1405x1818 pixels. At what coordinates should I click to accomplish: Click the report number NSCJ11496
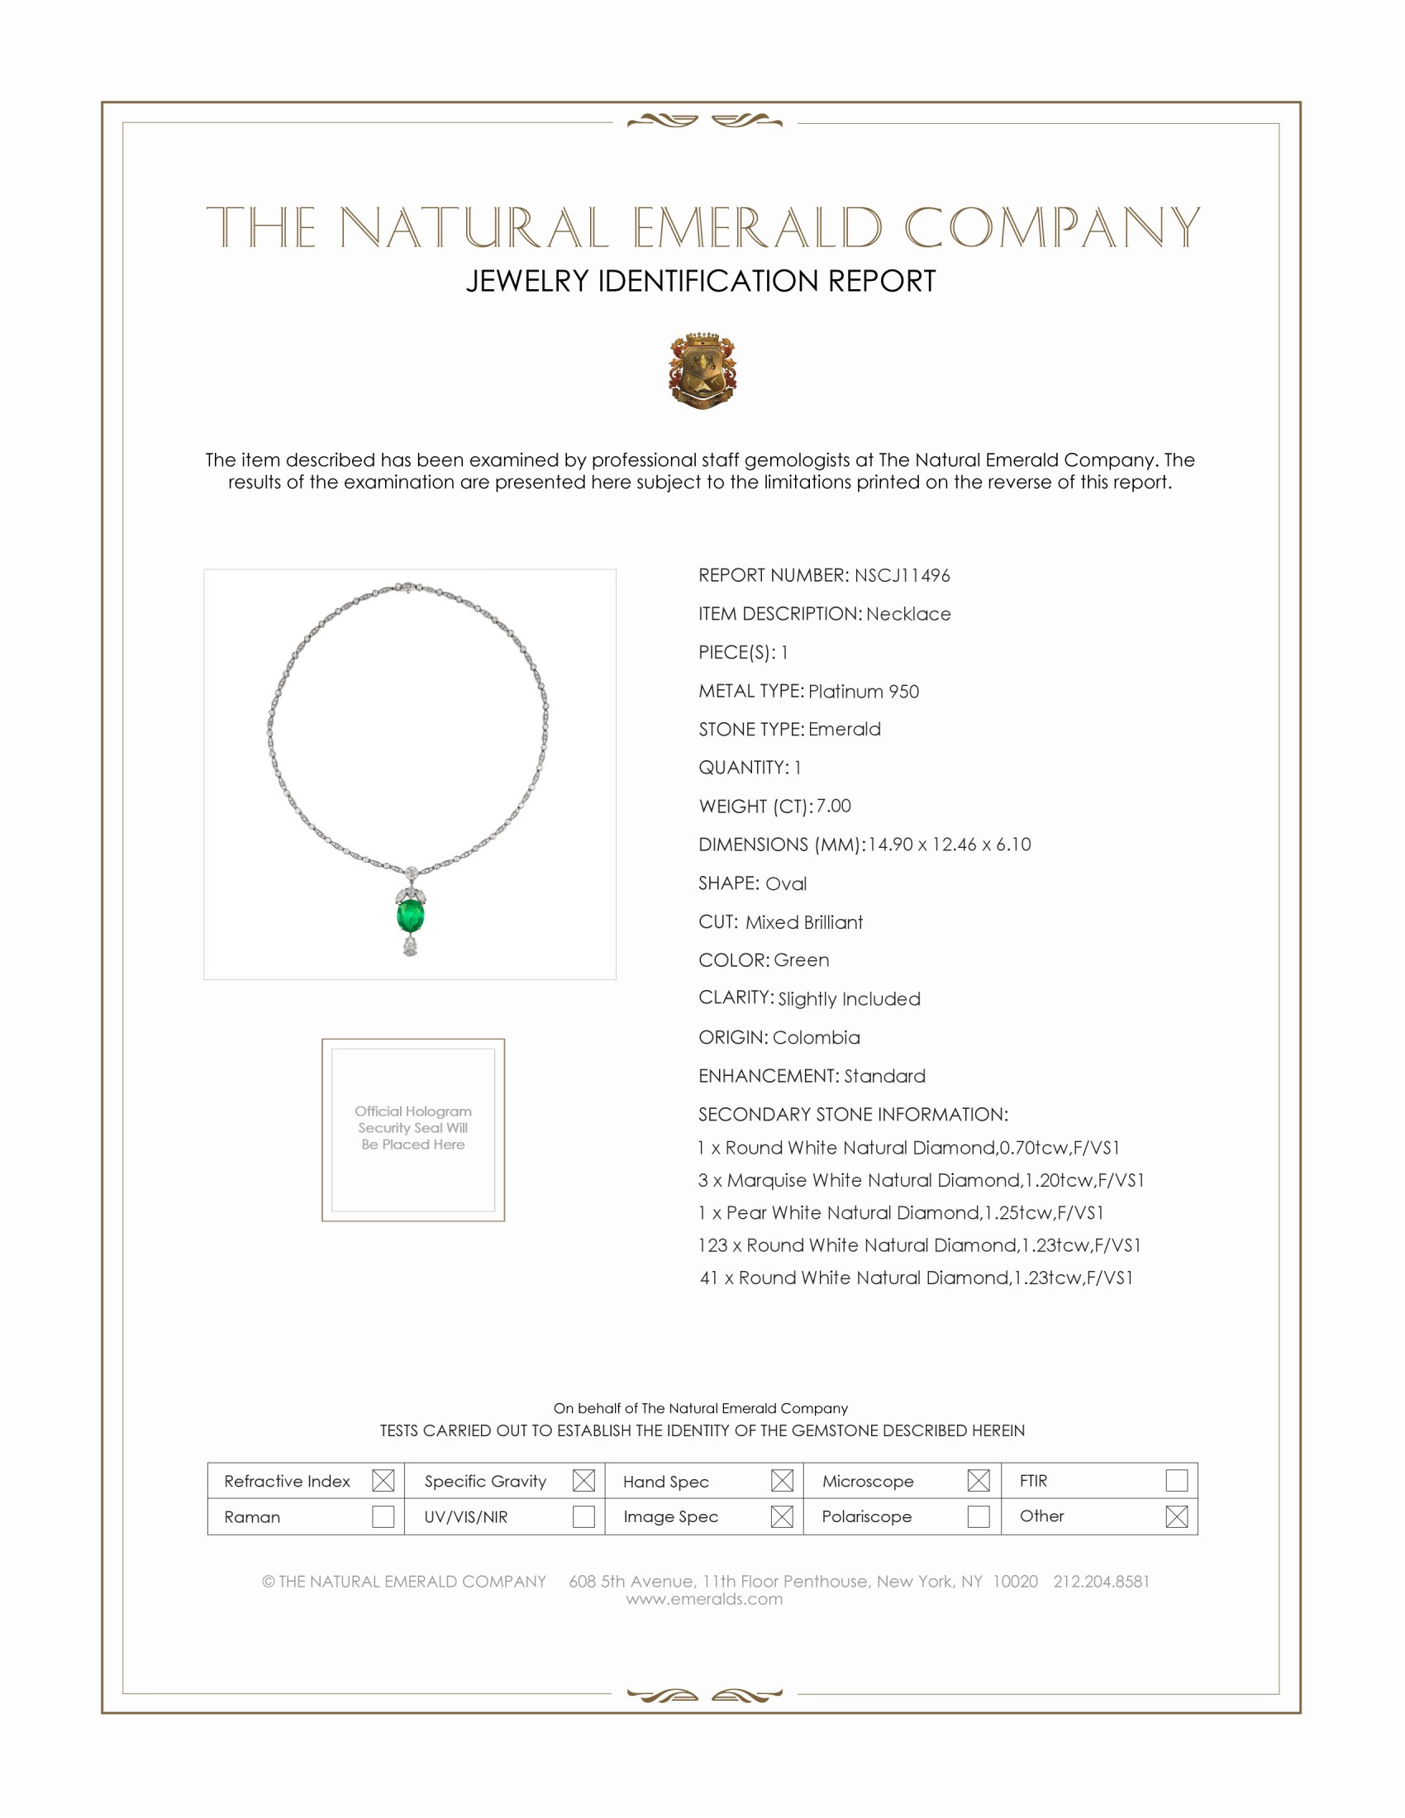902,575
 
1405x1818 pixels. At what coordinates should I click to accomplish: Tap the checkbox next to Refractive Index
383,1480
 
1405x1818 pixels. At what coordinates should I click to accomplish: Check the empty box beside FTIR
1176,1480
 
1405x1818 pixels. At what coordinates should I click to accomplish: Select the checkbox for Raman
383,1516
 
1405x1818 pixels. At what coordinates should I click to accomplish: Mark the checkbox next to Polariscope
979,1516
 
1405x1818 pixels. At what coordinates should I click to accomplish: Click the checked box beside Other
1176,1516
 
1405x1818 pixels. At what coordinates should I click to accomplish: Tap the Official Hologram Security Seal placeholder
413,1129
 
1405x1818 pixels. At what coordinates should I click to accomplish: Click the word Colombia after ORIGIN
816,1037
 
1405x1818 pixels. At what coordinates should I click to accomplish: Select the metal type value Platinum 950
863,691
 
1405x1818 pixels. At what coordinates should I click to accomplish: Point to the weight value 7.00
833,806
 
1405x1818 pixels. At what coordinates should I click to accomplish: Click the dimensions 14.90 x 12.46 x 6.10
949,844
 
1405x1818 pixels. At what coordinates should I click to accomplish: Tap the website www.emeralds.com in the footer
704,1598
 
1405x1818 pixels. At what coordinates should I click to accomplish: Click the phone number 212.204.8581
1100,1581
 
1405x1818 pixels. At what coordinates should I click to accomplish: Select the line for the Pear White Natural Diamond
901,1212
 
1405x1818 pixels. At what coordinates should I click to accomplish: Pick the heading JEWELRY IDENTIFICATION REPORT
701,281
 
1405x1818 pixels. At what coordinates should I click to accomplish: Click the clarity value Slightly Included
849,999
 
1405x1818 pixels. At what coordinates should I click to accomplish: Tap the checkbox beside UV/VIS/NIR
583,1516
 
